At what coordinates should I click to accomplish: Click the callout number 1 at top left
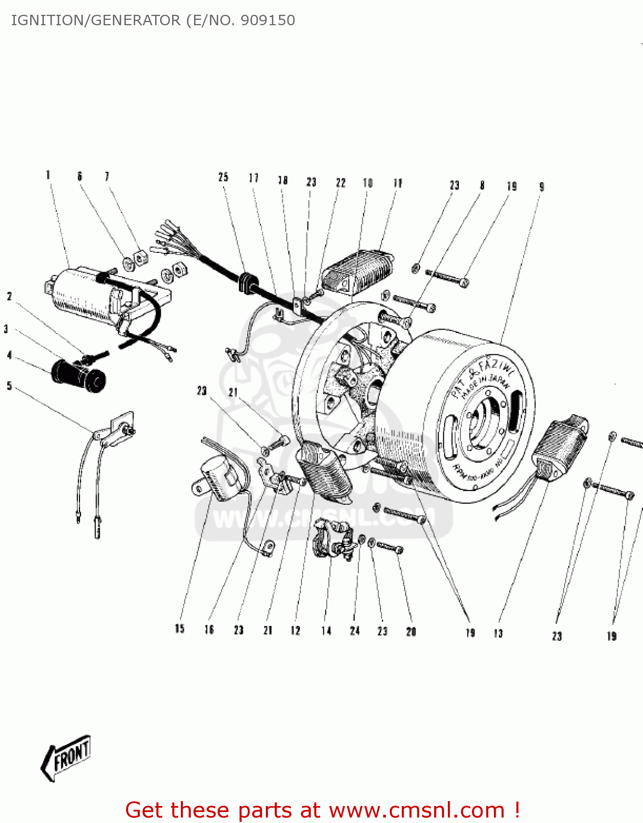48,175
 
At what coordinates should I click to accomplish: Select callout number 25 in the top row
223,177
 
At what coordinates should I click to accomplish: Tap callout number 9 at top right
542,187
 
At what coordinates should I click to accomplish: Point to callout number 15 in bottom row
180,629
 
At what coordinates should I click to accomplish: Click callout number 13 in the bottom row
498,633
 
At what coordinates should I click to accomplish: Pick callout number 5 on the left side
9,386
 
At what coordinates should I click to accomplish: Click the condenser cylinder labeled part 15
219,481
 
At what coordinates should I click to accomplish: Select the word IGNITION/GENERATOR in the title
95,20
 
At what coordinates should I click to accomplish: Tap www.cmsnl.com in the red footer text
417,810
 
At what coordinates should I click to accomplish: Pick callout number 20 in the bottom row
411,632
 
